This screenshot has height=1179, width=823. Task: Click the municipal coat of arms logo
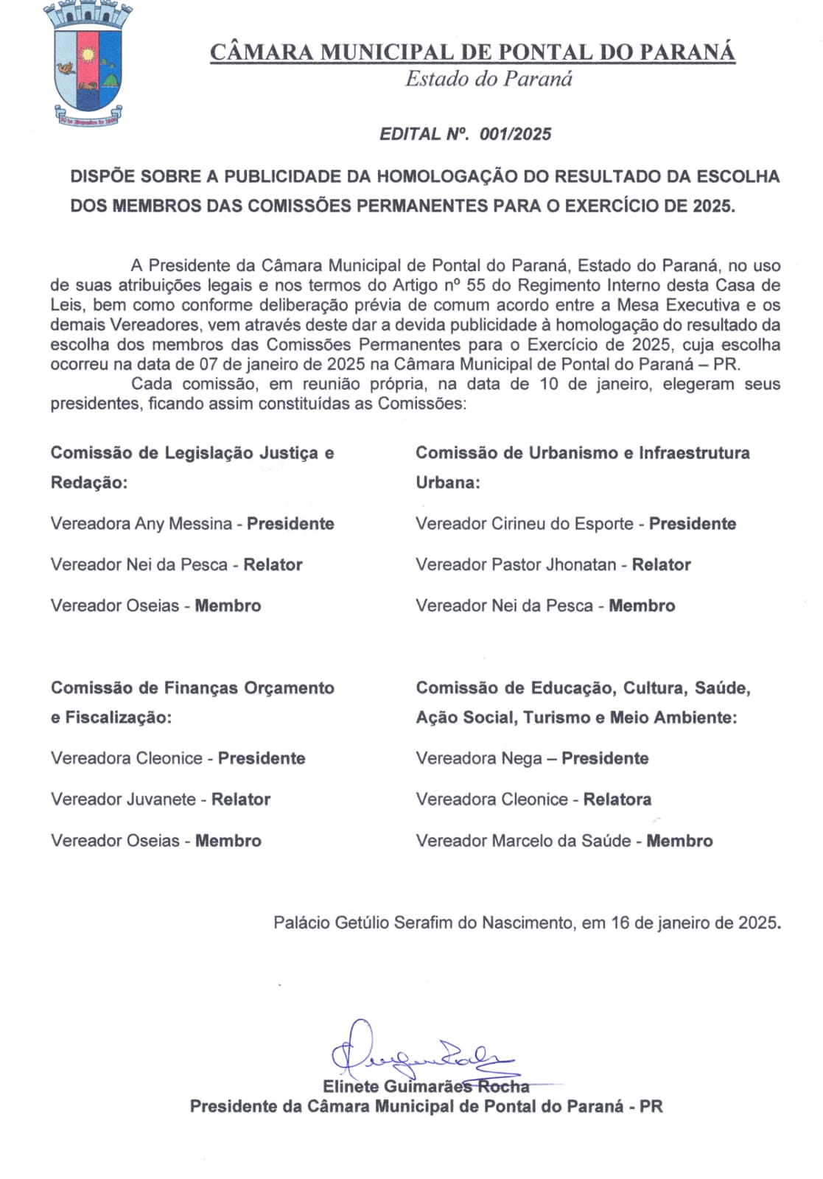coord(88,64)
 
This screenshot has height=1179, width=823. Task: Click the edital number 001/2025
coord(515,134)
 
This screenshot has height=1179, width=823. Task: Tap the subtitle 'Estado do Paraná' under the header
coord(488,79)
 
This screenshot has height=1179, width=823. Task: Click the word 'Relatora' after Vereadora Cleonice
coord(617,800)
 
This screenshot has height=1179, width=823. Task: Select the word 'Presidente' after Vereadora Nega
coord(605,758)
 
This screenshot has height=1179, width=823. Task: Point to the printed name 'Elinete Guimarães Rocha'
coord(426,1087)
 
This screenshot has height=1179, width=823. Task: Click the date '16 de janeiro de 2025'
coord(694,923)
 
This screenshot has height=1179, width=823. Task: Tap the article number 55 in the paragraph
coord(476,285)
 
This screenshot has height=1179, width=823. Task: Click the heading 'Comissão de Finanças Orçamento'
coord(192,688)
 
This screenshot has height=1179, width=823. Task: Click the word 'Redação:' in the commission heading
coord(89,483)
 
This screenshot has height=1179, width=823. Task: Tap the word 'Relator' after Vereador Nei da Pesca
coord(273,565)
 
